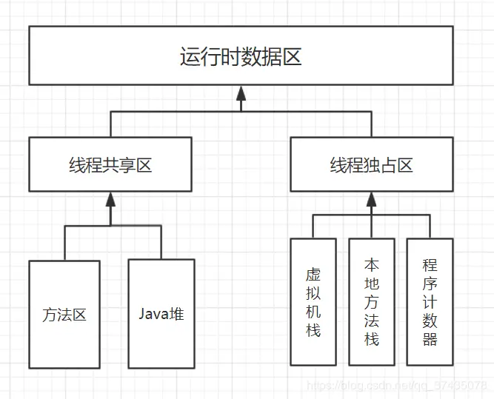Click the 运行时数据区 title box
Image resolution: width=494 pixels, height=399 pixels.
(x=241, y=56)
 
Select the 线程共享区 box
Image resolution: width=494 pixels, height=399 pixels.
(x=110, y=164)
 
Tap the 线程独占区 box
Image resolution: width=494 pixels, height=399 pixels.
(x=371, y=164)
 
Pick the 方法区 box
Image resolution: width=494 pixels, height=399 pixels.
(x=64, y=314)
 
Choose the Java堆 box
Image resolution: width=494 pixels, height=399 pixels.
(x=161, y=313)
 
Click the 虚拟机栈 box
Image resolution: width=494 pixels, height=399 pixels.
(x=313, y=301)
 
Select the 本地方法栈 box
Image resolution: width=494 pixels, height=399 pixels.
(x=371, y=301)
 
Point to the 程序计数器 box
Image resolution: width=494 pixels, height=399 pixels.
(x=430, y=301)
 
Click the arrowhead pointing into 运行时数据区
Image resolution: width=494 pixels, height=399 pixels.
(x=241, y=93)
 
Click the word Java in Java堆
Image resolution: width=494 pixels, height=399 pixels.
(x=153, y=313)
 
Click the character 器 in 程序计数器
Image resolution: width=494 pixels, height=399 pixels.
(x=430, y=340)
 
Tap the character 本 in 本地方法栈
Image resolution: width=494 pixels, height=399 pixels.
(x=371, y=264)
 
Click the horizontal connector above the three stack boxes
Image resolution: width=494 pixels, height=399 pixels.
(x=371, y=215)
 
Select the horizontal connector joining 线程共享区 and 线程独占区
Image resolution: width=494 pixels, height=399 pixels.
(x=241, y=112)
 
